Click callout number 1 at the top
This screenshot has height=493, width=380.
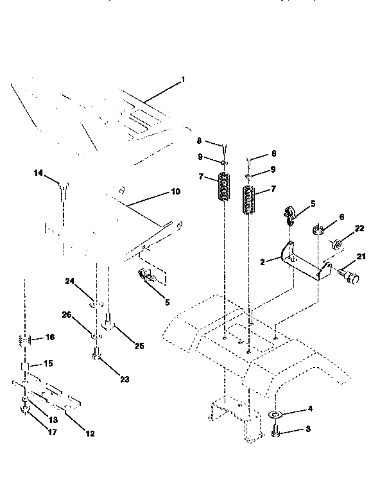point(182,80)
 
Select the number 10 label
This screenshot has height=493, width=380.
point(175,191)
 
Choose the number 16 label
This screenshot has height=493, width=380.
point(50,337)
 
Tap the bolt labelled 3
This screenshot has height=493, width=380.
point(275,435)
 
